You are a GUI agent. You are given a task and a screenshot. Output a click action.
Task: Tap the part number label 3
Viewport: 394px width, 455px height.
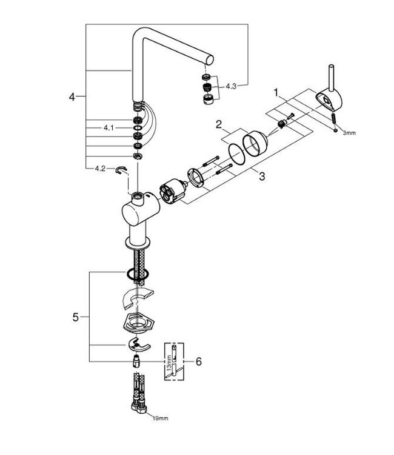coord(261,177)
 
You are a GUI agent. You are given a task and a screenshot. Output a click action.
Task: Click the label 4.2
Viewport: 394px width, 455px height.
coord(100,169)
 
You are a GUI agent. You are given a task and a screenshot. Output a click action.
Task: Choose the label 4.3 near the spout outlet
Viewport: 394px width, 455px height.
coord(231,86)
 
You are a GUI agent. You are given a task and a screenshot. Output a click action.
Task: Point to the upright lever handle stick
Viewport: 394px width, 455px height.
coord(332,76)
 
